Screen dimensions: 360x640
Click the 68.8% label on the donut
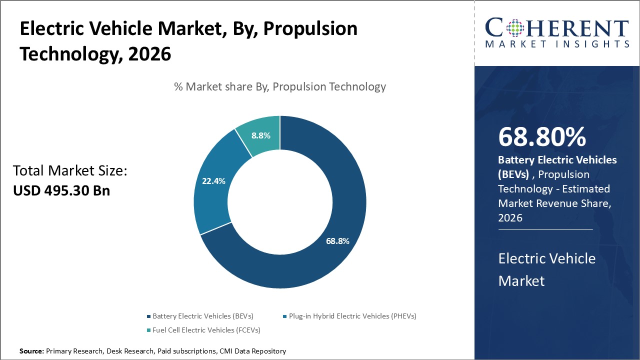coord(337,241)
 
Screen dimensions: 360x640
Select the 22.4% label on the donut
coord(213,181)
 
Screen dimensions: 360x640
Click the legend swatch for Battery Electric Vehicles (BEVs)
coord(148,316)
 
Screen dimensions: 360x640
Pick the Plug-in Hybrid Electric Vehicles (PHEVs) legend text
coord(352,316)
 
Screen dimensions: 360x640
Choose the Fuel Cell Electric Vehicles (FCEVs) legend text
coord(206,330)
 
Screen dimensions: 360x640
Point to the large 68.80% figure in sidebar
coord(542,137)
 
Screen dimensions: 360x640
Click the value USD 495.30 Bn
coord(61,190)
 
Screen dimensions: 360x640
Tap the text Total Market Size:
coord(70,171)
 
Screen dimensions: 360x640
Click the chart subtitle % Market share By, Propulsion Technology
coord(280,86)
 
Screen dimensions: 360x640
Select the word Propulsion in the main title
coord(310,29)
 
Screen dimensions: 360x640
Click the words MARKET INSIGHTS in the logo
coord(557,44)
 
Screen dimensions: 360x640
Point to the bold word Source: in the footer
coord(31,351)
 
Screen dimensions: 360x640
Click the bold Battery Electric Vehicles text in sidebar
coord(557,160)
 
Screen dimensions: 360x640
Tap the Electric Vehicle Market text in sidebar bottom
coord(547,269)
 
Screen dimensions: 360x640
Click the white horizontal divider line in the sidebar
coord(545,230)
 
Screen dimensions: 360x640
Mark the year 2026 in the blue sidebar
coord(510,218)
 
